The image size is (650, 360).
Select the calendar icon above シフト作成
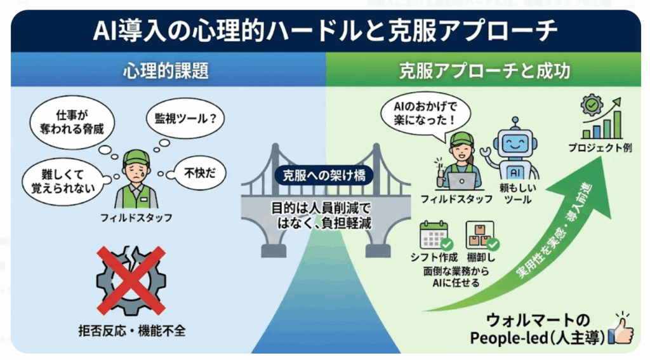[434, 234]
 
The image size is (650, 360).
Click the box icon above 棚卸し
[480, 234]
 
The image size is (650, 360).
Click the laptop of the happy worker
[462, 180]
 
